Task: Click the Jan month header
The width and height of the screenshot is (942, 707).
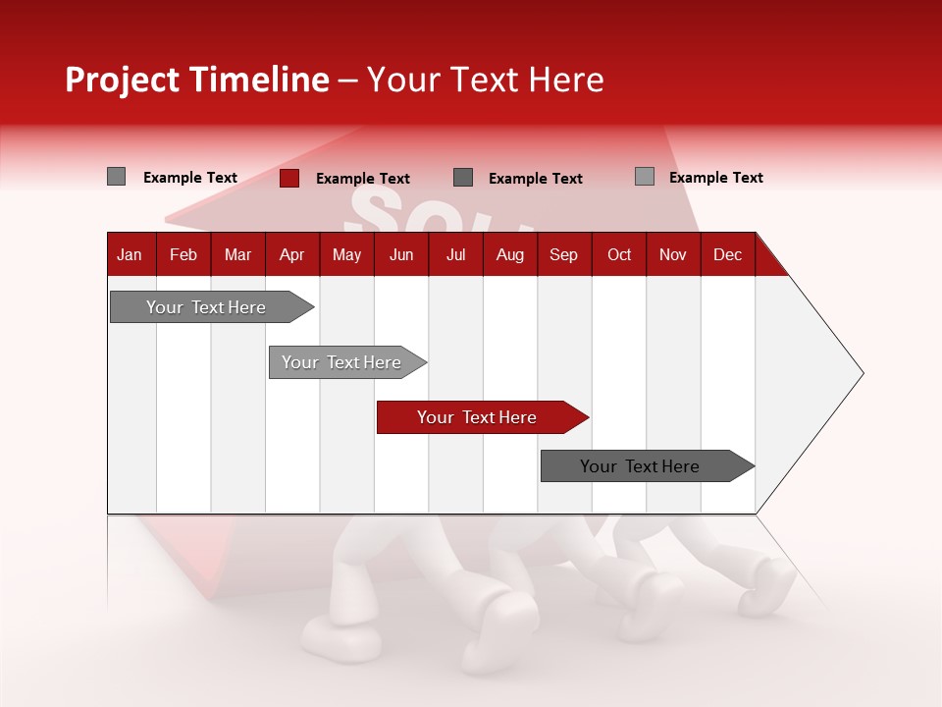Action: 130,254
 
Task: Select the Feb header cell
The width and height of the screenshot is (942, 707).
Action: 183,254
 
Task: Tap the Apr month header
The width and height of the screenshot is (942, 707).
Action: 291,254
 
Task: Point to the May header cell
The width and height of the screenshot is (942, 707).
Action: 346,254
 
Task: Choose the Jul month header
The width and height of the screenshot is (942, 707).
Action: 455,254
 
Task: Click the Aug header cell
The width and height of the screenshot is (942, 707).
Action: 509,254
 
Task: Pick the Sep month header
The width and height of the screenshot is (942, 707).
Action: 563,254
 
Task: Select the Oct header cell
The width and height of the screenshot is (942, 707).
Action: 619,254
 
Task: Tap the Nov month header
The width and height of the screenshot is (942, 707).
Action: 673,254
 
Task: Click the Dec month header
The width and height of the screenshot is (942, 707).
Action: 727,254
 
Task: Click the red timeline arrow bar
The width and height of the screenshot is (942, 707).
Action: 481,417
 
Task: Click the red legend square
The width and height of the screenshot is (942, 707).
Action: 289,178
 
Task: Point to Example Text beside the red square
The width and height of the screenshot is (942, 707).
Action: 362,179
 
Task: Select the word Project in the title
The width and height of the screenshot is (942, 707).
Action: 123,80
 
